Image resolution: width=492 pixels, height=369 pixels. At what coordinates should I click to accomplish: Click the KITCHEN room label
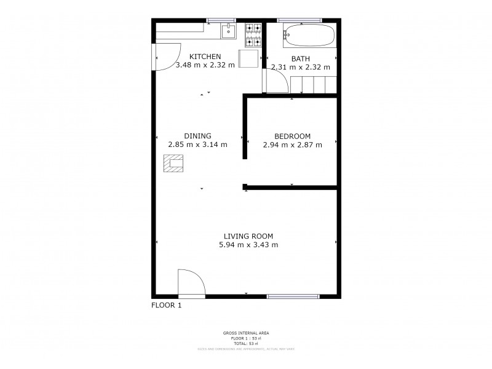point(205,57)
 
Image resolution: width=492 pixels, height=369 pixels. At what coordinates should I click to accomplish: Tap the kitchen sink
point(228,31)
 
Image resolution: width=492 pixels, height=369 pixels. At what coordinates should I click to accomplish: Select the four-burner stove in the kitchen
point(253,35)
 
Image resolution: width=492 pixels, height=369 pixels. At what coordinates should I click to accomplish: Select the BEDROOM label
point(292,137)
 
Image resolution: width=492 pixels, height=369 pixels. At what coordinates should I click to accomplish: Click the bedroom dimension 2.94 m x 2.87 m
point(292,145)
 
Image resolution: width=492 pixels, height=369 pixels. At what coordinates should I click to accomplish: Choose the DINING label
point(197,137)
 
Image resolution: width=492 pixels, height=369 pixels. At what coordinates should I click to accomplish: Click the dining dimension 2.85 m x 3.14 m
point(197,145)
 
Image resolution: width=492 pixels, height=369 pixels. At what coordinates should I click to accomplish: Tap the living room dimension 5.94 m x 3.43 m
point(248,245)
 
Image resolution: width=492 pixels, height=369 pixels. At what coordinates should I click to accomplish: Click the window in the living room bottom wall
point(293,296)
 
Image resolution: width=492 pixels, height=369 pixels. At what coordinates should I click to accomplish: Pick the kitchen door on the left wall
point(166,57)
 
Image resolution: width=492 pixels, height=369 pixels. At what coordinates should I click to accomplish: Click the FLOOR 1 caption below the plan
point(166,304)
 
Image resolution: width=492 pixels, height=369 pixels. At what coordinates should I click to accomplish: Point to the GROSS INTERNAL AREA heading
point(245,333)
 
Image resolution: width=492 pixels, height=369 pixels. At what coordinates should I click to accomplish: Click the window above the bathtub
point(300,20)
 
